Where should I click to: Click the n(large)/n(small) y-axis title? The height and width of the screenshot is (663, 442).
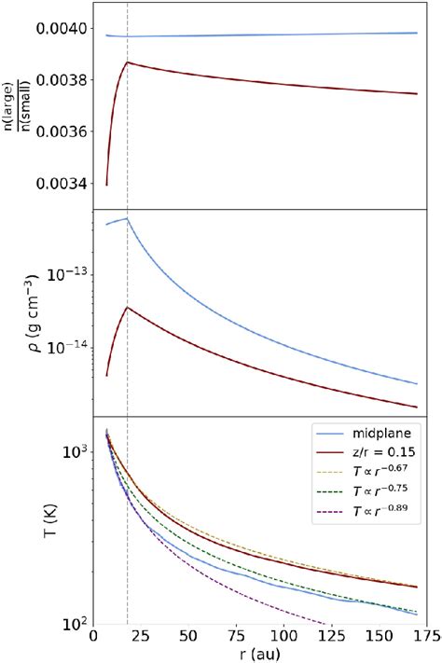pos(15,104)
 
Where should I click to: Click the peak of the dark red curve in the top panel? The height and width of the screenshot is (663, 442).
pos(127,62)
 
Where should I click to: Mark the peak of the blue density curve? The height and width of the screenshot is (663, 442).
pos(127,218)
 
